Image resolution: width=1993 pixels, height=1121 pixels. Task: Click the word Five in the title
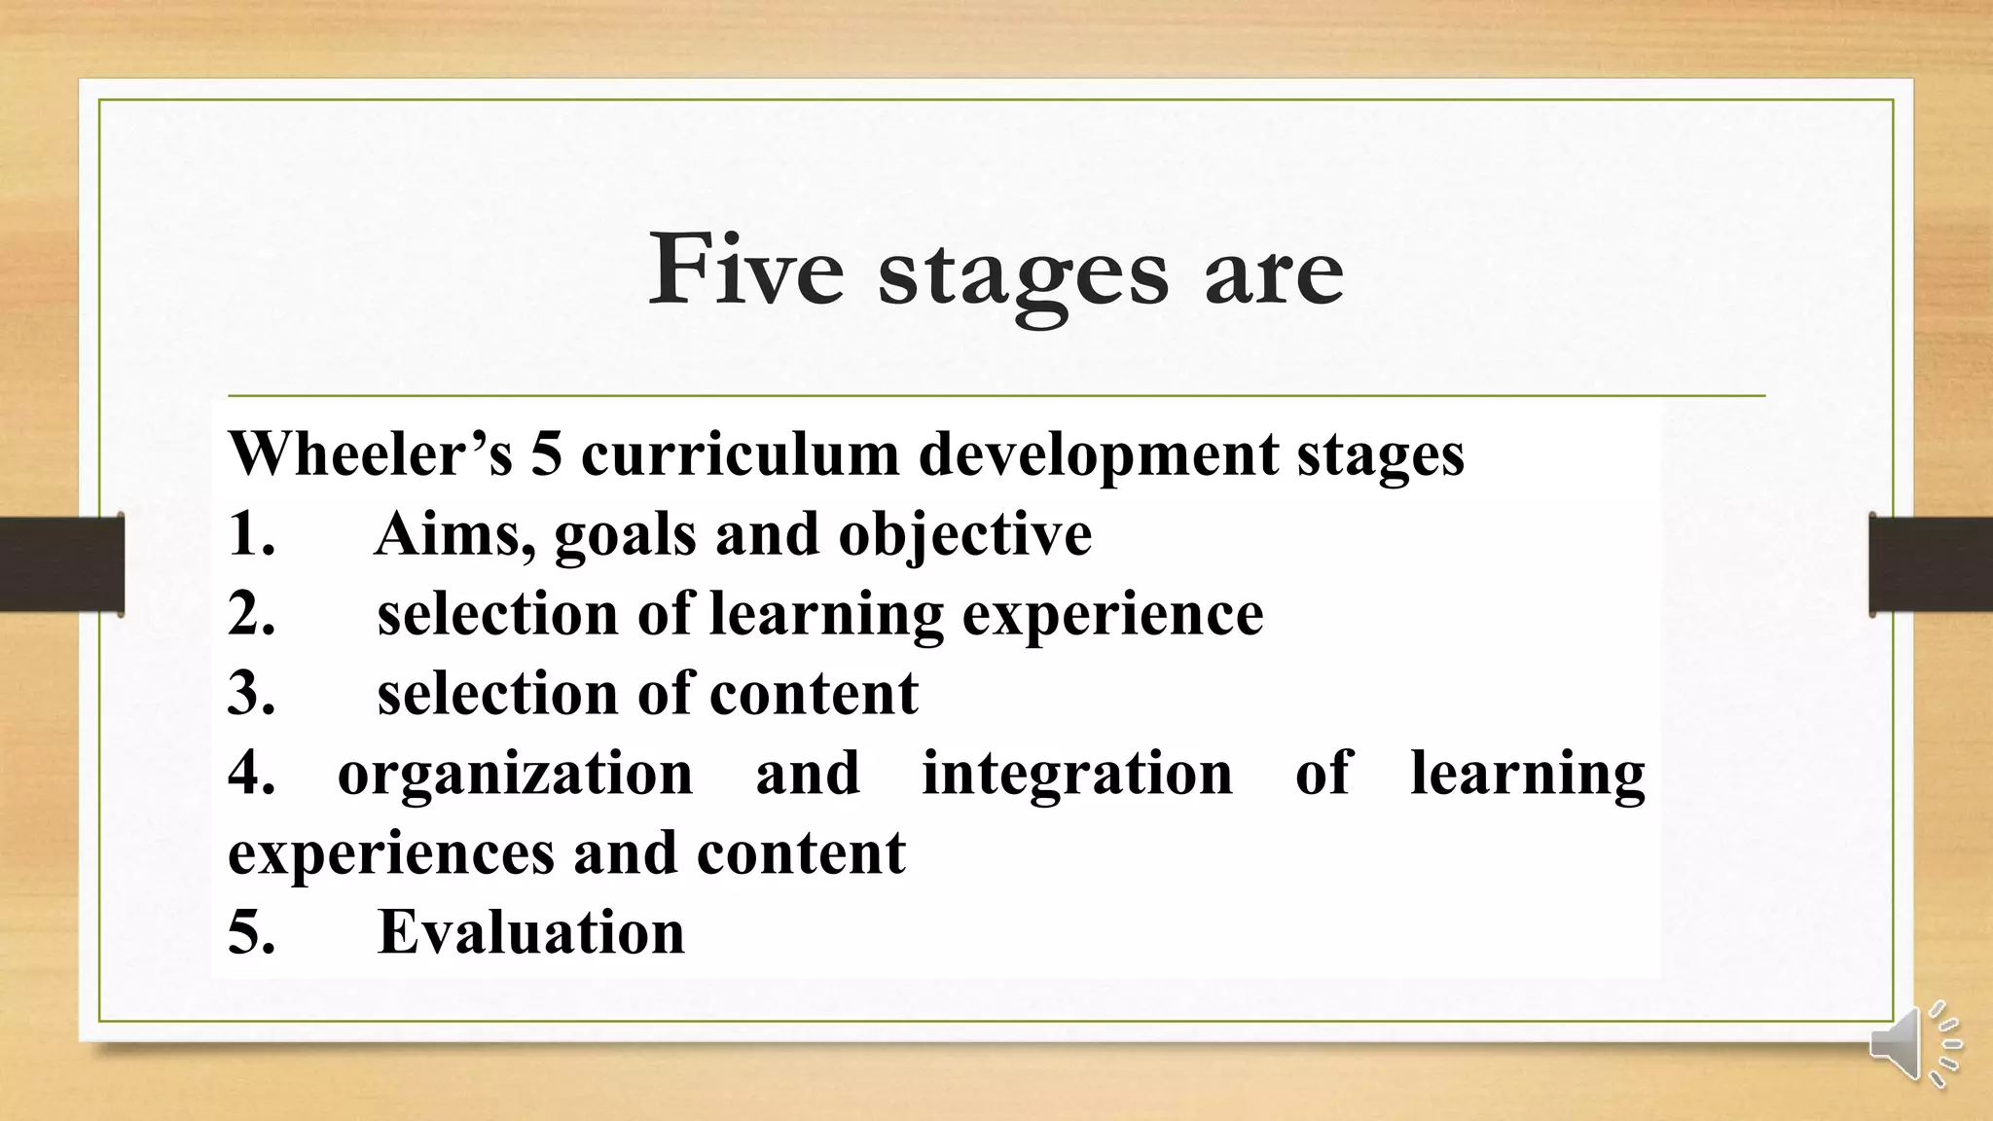tap(745, 270)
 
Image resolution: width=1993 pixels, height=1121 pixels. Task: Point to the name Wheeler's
tap(370, 453)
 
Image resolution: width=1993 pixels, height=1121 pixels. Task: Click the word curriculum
tap(740, 455)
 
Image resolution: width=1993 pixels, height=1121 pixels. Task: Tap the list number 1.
tap(250, 534)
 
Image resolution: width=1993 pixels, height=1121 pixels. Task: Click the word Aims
tap(453, 535)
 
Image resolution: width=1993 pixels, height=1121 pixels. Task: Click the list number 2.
tap(251, 614)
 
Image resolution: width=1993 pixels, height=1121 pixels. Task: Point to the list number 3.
tap(251, 694)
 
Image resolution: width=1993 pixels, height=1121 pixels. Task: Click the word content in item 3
tap(814, 694)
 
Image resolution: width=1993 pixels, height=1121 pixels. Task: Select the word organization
tap(515, 775)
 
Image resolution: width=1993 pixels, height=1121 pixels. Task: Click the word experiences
tap(391, 854)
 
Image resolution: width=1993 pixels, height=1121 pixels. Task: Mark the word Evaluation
tap(531, 932)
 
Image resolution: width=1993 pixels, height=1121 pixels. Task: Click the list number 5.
tap(251, 932)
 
